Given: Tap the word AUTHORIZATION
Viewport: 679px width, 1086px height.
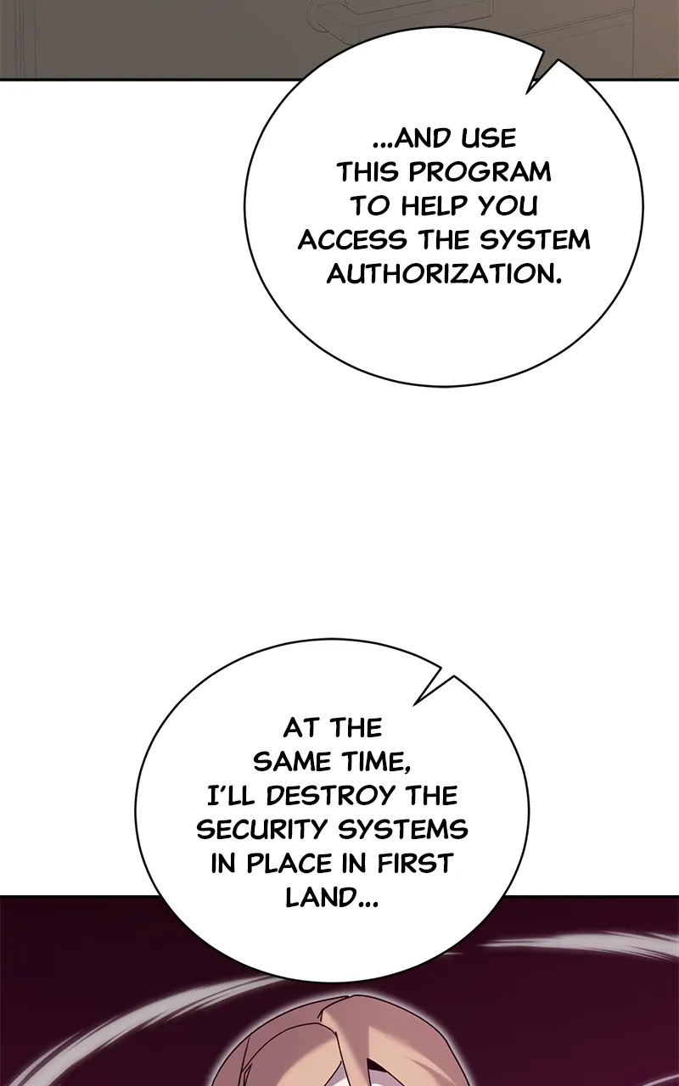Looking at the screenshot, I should (x=444, y=274).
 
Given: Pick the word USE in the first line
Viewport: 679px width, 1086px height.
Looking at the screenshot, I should (x=487, y=137).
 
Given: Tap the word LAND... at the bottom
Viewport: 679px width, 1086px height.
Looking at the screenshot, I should (x=333, y=898).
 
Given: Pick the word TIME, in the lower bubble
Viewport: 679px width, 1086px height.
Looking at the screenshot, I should (x=373, y=761).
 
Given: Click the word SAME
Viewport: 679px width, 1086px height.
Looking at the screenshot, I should (x=291, y=761).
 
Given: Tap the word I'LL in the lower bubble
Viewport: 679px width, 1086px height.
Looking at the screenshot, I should (x=232, y=796).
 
